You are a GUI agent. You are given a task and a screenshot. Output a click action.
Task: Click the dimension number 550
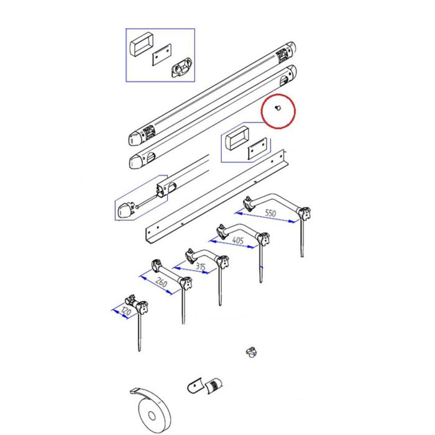pos(270,213)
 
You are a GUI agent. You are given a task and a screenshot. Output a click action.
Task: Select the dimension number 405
pos(238,240)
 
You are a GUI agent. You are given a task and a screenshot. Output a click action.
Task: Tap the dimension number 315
pos(201,267)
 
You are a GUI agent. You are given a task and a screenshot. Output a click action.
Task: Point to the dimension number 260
pos(161,282)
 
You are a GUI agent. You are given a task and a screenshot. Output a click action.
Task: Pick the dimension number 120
pos(126,311)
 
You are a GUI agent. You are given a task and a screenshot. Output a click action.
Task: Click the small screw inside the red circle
pos(278,108)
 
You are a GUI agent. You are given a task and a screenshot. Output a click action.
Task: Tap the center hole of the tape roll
pos(152,416)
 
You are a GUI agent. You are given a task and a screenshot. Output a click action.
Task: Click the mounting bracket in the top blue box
pos(181,67)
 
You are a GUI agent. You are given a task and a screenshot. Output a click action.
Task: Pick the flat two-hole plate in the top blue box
pos(162,55)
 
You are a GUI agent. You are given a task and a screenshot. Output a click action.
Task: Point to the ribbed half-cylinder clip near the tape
pos(214,385)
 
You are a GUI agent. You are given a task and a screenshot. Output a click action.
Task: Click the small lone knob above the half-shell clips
pos(251,352)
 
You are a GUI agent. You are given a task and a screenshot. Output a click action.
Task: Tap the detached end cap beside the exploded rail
pos(126,211)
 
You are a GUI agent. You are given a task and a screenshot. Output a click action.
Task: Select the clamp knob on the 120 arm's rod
pos(142,307)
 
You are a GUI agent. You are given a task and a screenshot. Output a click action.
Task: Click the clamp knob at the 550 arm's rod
pos(304,214)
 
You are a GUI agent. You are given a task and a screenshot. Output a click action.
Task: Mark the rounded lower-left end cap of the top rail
pos(135,139)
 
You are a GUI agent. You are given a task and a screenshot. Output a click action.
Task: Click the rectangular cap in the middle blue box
pos(237,138)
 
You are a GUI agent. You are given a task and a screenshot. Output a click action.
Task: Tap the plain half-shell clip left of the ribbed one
pos(195,385)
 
